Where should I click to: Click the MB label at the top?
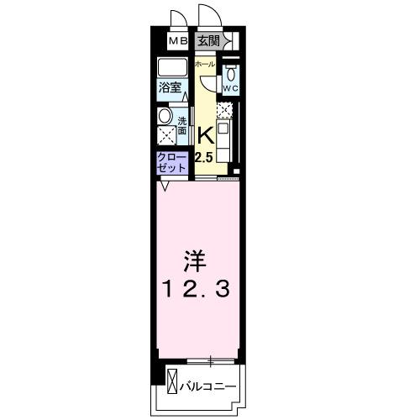[178, 39]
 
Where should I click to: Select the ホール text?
[204, 65]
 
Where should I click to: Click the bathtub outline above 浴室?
[172, 68]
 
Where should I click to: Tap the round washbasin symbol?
[165, 116]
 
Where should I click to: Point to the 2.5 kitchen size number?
[204, 156]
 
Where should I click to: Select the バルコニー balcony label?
[209, 386]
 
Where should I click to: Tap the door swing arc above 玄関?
[207, 17]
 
